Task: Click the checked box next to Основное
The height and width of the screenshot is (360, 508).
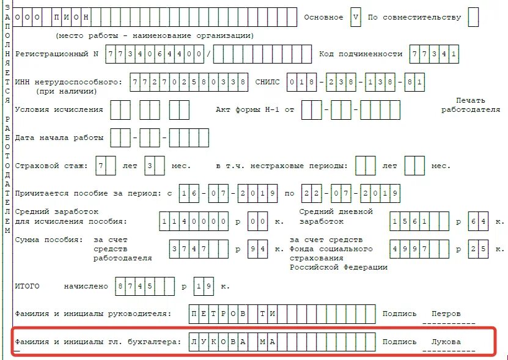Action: [355, 17]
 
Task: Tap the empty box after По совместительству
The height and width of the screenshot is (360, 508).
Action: [473, 17]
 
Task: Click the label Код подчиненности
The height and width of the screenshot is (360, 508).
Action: [361, 54]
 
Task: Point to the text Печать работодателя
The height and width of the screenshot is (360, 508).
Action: [470, 105]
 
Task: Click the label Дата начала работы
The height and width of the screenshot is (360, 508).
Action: [59, 138]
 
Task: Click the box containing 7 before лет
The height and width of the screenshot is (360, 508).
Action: [106, 166]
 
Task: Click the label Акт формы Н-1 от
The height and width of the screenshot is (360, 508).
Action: [255, 110]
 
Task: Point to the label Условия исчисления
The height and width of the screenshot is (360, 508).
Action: [59, 110]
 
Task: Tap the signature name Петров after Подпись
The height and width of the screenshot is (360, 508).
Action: [446, 314]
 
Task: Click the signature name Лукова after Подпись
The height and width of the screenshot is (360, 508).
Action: [446, 342]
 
